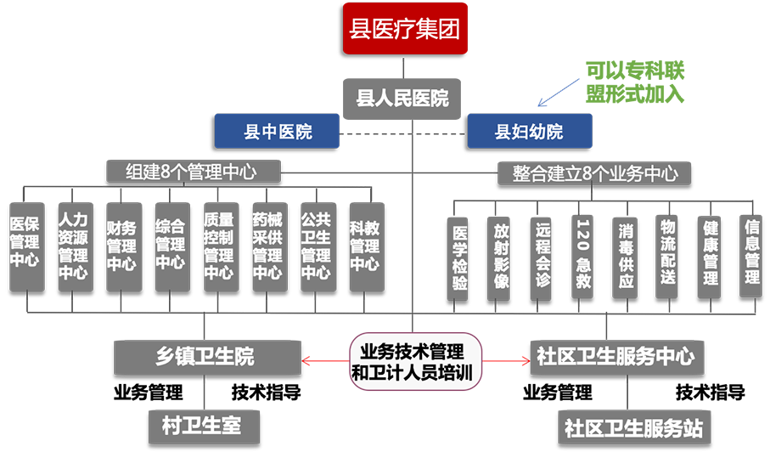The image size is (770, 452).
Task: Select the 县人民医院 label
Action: click(402, 98)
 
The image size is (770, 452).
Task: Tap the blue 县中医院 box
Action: click(278, 132)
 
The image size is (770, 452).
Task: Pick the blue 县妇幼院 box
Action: click(528, 132)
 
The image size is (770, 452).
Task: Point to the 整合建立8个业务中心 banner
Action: click(594, 173)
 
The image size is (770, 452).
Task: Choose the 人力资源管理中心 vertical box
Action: click(72, 245)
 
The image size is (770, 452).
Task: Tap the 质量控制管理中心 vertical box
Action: click(218, 245)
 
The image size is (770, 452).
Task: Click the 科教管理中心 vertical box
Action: click(364, 245)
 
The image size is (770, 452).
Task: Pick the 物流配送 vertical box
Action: click(667, 255)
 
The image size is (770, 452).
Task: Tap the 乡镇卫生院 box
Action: click(205, 356)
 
